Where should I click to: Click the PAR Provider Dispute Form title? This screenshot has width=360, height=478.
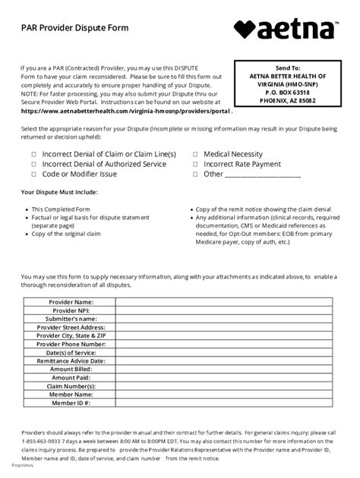(74, 27)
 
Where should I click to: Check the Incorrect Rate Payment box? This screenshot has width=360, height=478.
(196, 164)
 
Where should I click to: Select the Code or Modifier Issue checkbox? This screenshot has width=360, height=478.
(34, 174)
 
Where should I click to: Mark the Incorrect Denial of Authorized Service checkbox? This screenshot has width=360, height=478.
(34, 164)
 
